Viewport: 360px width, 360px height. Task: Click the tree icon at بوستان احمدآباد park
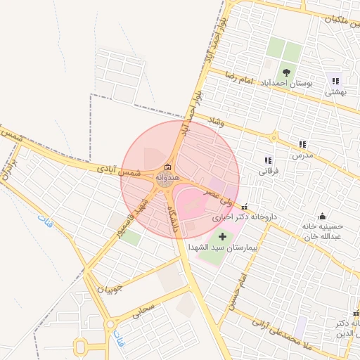(x=285, y=72)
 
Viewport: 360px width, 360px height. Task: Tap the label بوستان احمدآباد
(x=285, y=84)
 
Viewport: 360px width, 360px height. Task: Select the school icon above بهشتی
(x=335, y=81)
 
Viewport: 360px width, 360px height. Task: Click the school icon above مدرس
(x=302, y=143)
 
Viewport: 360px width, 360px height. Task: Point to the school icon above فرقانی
(x=267, y=160)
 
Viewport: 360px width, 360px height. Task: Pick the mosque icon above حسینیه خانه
(x=322, y=216)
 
